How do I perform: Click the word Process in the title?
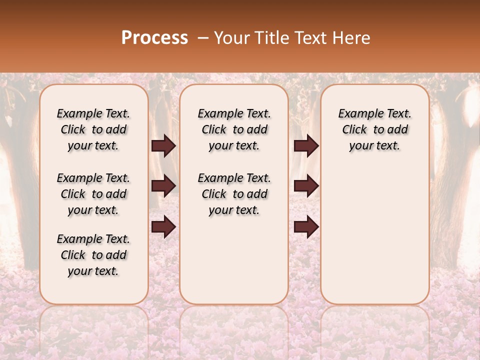click(154, 38)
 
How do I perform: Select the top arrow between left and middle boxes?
click(163, 146)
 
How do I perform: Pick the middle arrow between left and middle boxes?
click(163, 186)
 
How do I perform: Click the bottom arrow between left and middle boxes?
click(163, 227)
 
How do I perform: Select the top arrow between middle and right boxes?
click(306, 146)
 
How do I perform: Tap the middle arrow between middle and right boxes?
click(306, 186)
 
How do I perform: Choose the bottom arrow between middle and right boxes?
click(306, 227)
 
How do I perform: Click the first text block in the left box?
click(93, 129)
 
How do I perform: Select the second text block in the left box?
click(93, 194)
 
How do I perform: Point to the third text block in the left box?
click(93, 255)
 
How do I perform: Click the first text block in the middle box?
click(234, 129)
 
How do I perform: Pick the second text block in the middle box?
click(234, 194)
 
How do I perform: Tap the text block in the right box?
click(374, 129)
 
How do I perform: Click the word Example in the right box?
click(359, 114)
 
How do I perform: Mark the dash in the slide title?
click(203, 38)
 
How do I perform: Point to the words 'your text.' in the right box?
click(374, 146)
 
